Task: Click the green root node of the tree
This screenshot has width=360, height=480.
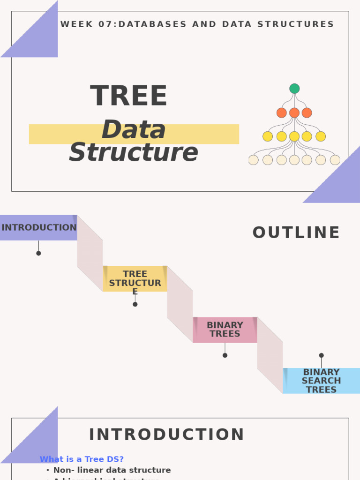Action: (294, 89)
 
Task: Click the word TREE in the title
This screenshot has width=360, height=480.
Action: (128, 96)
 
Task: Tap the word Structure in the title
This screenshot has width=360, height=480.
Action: (134, 152)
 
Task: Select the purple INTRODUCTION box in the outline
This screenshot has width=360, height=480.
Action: (38, 228)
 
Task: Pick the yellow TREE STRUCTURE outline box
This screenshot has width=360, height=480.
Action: (135, 279)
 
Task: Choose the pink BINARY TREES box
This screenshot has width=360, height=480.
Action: (225, 330)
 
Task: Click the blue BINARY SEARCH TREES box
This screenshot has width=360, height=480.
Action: (321, 381)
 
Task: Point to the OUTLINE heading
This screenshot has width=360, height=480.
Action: (296, 233)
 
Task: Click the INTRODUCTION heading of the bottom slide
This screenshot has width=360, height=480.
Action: (167, 435)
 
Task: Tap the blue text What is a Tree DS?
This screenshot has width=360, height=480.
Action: (82, 459)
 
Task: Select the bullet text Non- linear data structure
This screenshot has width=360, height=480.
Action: (112, 470)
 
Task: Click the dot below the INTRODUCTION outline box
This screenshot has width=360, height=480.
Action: (38, 253)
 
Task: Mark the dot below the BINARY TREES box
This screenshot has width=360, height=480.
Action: (225, 355)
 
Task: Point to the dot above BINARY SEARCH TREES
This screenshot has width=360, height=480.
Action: (321, 355)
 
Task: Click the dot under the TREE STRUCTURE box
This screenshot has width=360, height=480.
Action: (135, 304)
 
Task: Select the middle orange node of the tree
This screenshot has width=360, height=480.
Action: (294, 113)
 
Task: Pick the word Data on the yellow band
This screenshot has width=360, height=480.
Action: (134, 130)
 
